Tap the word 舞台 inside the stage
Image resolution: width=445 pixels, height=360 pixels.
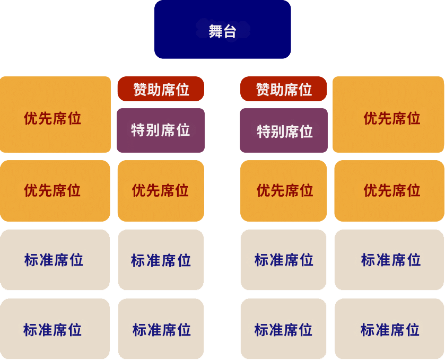[x=222, y=31]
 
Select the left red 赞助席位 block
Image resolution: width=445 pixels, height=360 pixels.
[x=161, y=89]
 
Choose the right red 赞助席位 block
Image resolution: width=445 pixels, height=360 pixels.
[x=283, y=89]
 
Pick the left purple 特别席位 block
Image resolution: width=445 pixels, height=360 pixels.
[x=160, y=130]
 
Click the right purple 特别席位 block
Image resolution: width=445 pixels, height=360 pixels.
[x=283, y=130]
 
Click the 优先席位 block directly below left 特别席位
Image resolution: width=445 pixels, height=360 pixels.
[x=161, y=191]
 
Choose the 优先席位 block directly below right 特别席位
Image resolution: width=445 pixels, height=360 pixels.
[x=283, y=191]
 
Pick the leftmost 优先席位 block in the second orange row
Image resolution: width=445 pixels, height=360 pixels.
[x=55, y=191]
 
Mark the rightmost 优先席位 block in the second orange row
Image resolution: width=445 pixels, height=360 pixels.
[x=389, y=191]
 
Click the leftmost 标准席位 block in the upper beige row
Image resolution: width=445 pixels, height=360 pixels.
[x=55, y=260]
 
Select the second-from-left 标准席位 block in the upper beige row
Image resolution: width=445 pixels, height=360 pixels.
[x=161, y=260]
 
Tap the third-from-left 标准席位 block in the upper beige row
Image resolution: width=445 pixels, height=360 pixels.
[x=283, y=260]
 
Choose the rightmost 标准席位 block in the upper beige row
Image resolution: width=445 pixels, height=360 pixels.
[x=389, y=260]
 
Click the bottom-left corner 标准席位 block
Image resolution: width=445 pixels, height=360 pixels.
[x=55, y=329]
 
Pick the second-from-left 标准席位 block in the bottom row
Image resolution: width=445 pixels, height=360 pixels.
[x=161, y=329]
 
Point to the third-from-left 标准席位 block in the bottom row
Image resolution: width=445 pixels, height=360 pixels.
[x=283, y=329]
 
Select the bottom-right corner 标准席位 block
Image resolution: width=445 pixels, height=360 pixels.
[x=389, y=329]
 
